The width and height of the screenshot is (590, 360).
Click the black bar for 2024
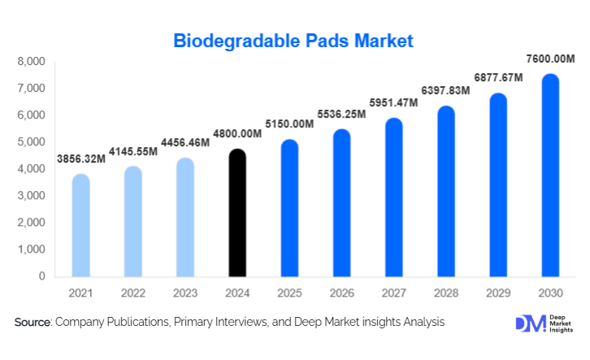point(237,213)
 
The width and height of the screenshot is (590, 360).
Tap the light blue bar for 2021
point(81,225)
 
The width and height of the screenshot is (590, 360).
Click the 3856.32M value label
point(81,158)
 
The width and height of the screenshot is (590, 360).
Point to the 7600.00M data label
point(550,59)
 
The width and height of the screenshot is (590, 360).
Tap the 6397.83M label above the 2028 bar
point(445,90)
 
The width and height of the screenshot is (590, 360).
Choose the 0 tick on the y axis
point(41,276)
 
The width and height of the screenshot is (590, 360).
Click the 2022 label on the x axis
point(133,292)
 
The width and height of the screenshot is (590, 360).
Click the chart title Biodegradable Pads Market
point(294,40)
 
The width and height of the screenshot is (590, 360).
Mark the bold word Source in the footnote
point(33,323)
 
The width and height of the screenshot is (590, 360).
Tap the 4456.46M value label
point(185,142)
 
